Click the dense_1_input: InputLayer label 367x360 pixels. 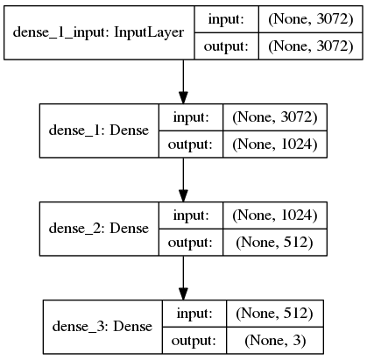[x=98, y=32]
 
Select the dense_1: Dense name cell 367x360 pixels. [x=99, y=131]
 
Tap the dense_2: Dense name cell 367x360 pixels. [x=99, y=229]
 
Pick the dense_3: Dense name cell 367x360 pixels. [x=102, y=327]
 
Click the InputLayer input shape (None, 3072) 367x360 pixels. [x=311, y=19]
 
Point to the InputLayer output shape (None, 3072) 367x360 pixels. [x=311, y=46]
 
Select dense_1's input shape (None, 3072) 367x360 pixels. [x=275, y=117]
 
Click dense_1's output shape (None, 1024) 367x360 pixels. [x=275, y=145]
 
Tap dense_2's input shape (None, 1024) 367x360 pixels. [x=275, y=215]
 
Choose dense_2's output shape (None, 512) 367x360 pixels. [x=274, y=243]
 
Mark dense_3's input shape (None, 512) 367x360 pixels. [x=274, y=314]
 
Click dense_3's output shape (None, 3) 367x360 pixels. [x=275, y=341]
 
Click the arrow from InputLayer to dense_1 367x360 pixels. [x=183, y=81]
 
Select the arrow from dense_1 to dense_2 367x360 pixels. [x=183, y=180]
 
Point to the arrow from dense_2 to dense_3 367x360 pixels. [x=183, y=278]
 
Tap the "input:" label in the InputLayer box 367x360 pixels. [x=226, y=19]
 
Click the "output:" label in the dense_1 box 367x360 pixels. [x=190, y=145]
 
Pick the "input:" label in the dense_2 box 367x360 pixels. [x=191, y=215]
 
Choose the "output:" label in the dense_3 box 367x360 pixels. [x=194, y=341]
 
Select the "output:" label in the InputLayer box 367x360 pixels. [x=226, y=46]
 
